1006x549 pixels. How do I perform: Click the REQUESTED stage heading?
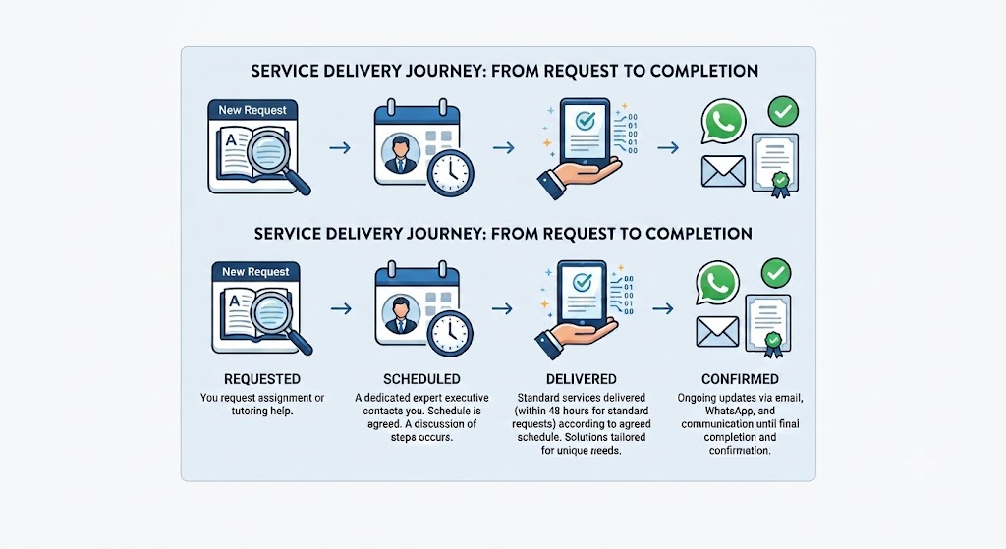(261, 379)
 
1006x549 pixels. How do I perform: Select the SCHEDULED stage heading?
(421, 379)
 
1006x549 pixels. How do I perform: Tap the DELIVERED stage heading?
(582, 379)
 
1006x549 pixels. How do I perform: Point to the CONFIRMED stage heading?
(740, 379)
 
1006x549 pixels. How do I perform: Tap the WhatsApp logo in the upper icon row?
(723, 121)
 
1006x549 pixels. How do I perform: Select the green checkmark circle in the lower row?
(776, 273)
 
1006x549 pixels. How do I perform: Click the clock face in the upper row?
(450, 173)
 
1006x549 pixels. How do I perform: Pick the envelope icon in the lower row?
(717, 332)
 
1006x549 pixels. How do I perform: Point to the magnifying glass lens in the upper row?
(269, 149)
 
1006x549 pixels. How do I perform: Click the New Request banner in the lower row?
(255, 272)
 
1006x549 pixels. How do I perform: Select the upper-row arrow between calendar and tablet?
(504, 148)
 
